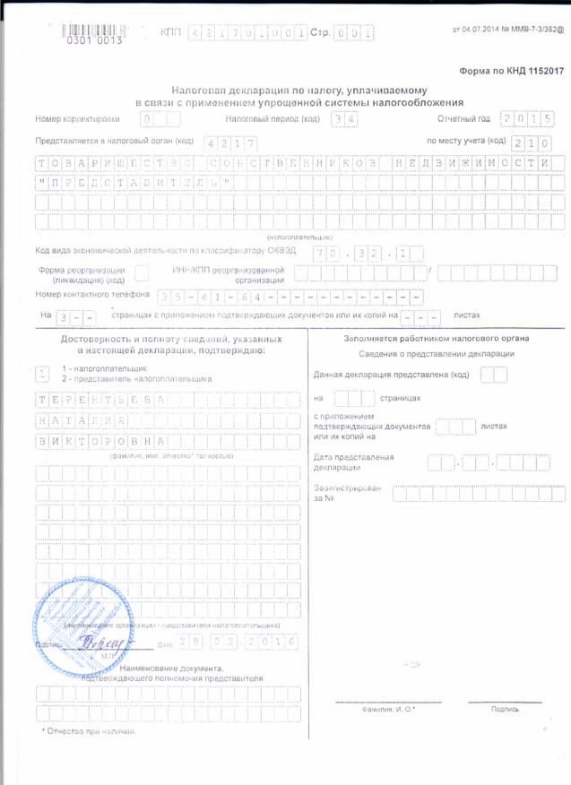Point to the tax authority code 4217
(x=231, y=143)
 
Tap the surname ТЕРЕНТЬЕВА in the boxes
(x=101, y=399)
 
